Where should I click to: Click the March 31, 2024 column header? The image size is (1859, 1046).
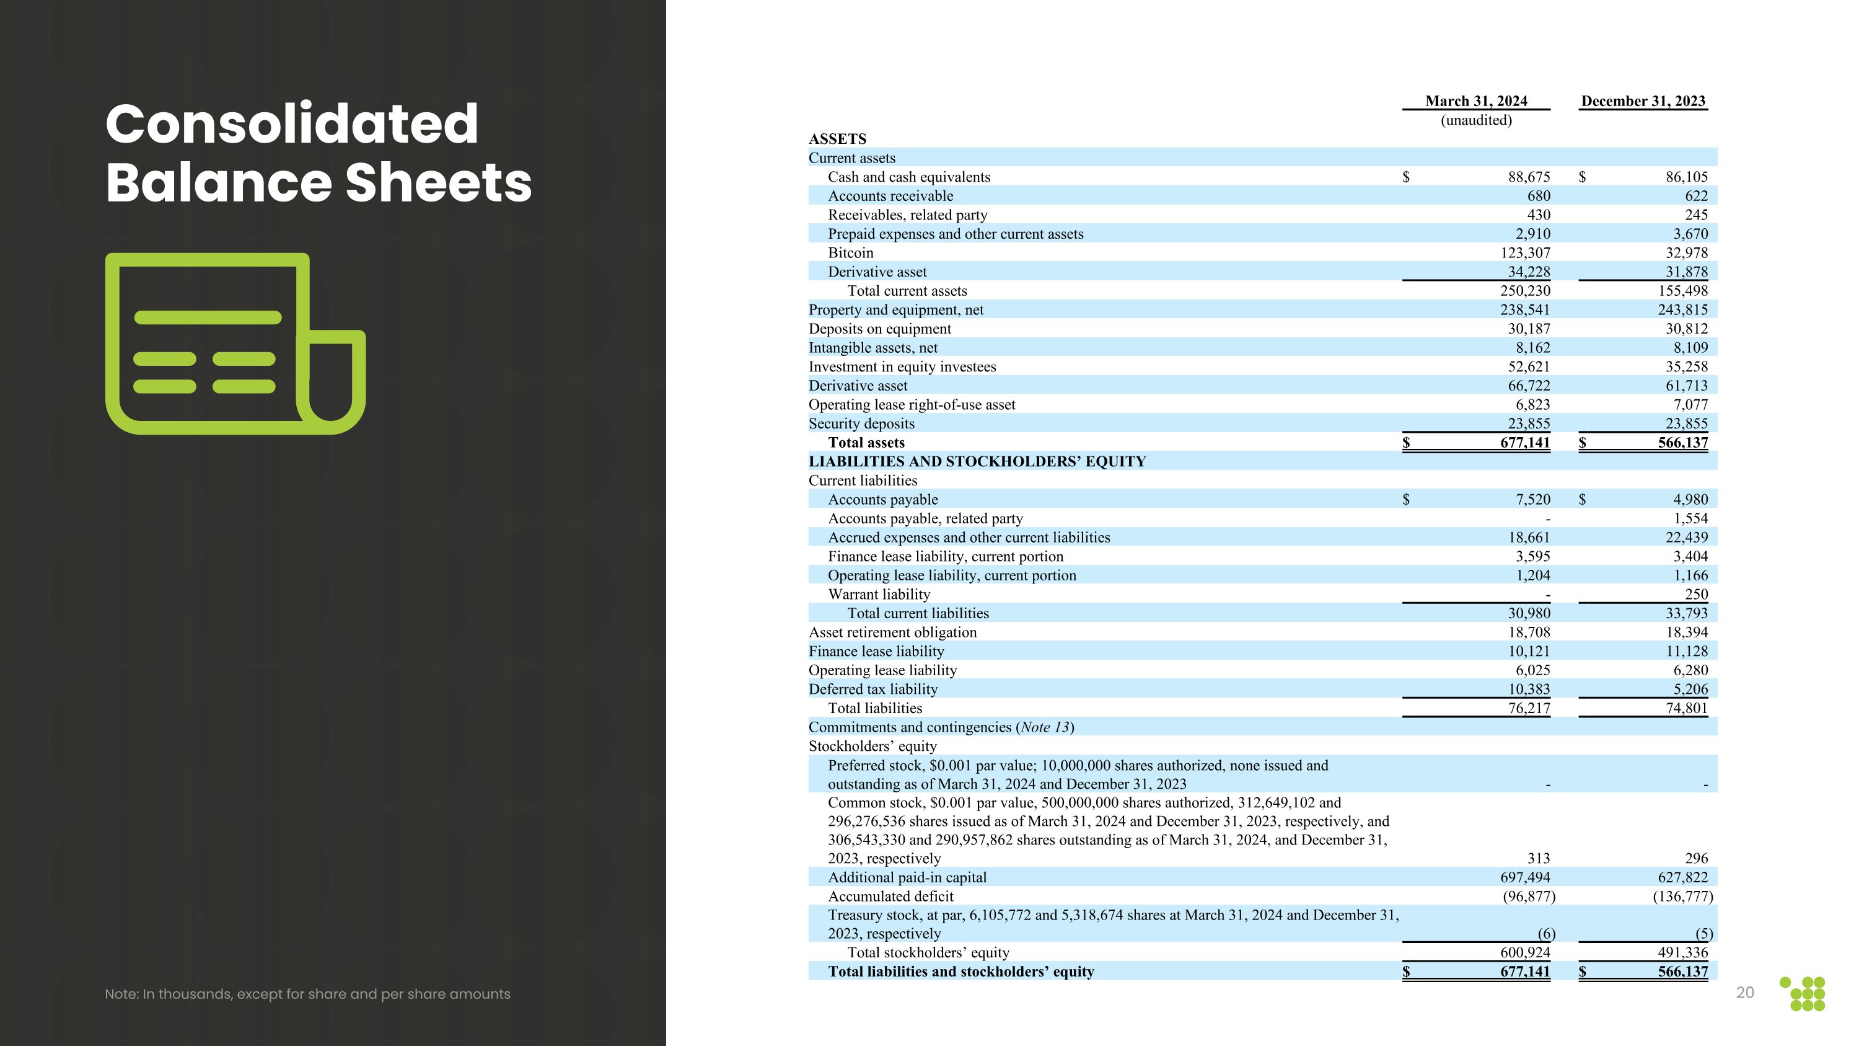[x=1476, y=101]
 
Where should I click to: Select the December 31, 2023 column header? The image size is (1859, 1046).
[x=1643, y=101]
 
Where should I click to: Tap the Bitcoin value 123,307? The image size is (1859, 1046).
[x=1524, y=252]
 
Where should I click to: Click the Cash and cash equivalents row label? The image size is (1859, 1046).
[x=908, y=177]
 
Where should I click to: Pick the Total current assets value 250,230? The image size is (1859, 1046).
[x=1524, y=291]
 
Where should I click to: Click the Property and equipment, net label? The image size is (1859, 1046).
[x=895, y=309]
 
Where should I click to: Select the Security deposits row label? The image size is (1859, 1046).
[x=861, y=423]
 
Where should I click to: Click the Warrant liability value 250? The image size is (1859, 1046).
[x=1695, y=594]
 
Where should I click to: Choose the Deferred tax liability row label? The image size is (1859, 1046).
[x=872, y=689]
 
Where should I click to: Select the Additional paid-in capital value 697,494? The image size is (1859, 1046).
[x=1524, y=877]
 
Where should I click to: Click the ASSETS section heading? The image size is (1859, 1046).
[x=837, y=139]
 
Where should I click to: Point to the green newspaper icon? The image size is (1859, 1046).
[x=234, y=343]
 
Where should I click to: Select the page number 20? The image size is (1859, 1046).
[x=1744, y=993]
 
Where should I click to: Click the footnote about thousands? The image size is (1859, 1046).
[x=307, y=994]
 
